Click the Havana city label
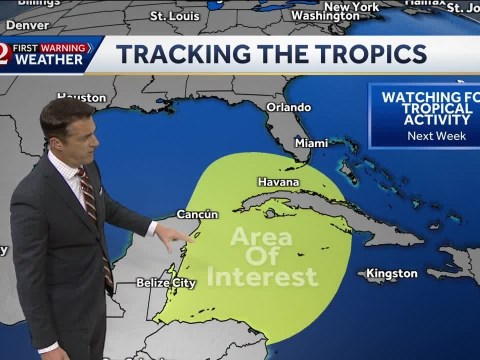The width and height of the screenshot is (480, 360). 278,182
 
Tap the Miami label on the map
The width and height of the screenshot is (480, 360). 311,143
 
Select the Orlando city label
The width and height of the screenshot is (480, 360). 288,107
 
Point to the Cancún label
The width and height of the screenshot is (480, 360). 197,214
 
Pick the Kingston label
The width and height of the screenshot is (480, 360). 391,273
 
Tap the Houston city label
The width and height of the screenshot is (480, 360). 81,98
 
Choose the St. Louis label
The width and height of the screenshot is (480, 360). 174,16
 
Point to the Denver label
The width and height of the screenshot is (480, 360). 27,22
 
